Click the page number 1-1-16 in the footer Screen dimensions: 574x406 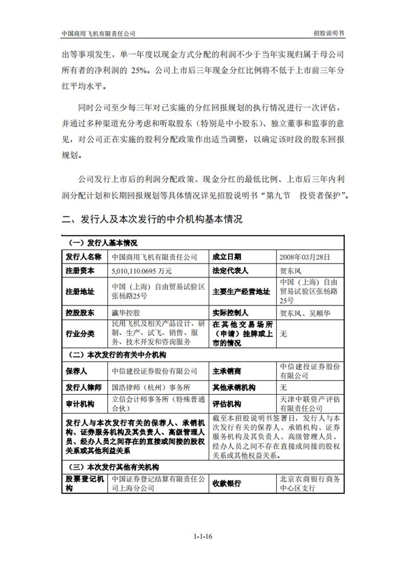[204, 536]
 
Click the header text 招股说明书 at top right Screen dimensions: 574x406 [327, 32]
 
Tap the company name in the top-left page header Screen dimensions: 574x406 [99, 32]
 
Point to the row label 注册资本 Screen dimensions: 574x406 [79, 270]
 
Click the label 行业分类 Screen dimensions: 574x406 [79, 334]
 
